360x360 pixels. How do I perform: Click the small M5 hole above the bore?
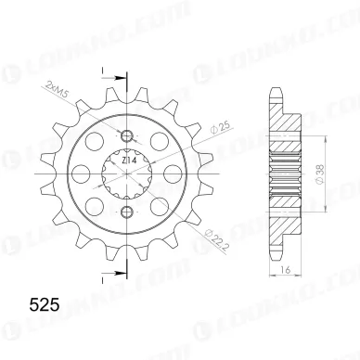click(x=125, y=129)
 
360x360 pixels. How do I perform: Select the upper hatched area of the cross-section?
click(x=283, y=116)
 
